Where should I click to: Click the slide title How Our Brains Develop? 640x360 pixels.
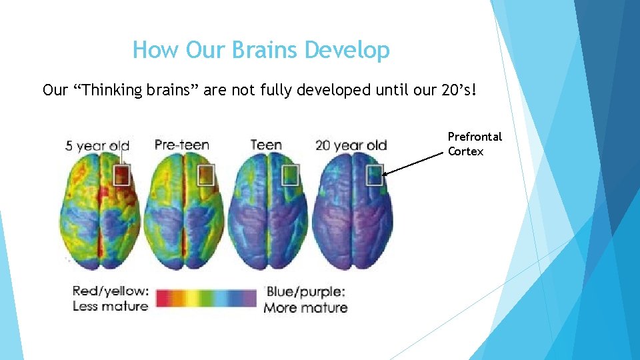pyautogui.click(x=261, y=50)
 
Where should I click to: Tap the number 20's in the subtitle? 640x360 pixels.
pyautogui.click(x=459, y=90)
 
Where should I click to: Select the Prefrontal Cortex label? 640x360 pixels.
pyautogui.click(x=475, y=144)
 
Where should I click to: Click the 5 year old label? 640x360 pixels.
pyautogui.click(x=97, y=145)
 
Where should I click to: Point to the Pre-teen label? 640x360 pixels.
pyautogui.click(x=181, y=145)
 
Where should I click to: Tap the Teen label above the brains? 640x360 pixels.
pyautogui.click(x=265, y=145)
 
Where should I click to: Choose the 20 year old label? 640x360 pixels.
pyautogui.click(x=351, y=145)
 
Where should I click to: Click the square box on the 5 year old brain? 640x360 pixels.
pyautogui.click(x=121, y=175)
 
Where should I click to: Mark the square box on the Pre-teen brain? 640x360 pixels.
pyautogui.click(x=206, y=175)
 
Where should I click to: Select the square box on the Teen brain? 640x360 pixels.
pyautogui.click(x=291, y=175)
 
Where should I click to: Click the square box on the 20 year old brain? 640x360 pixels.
pyautogui.click(x=374, y=175)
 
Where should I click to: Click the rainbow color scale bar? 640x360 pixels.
pyautogui.click(x=207, y=299)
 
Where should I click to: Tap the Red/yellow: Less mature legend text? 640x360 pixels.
pyautogui.click(x=111, y=299)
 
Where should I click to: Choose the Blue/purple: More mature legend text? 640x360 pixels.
pyautogui.click(x=305, y=300)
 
